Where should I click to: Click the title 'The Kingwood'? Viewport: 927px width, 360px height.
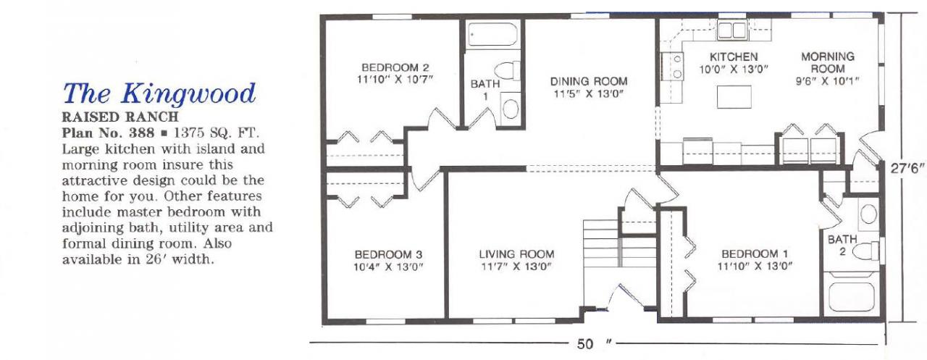(159, 93)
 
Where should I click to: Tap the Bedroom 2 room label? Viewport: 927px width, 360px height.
(395, 67)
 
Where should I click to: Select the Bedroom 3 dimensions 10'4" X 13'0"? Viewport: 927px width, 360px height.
(388, 267)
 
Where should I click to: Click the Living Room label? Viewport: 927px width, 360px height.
(516, 254)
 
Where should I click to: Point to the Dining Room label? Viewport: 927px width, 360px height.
(589, 82)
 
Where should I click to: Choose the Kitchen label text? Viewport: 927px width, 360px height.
(734, 56)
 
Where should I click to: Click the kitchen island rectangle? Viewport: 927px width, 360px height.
(734, 97)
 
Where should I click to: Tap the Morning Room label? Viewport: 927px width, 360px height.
(828, 62)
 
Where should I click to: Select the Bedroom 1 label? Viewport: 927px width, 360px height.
(755, 254)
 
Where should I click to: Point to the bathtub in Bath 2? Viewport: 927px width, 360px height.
(848, 297)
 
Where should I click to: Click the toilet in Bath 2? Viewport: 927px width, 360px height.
(866, 251)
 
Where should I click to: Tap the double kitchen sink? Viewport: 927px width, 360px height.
(731, 30)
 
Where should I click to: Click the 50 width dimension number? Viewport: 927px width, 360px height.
(585, 344)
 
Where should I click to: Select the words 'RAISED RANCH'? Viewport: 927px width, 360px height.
(120, 117)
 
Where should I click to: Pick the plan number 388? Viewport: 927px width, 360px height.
(141, 133)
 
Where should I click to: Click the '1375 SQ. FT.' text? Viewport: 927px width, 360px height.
(217, 133)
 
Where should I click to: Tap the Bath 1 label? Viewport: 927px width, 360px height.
(485, 90)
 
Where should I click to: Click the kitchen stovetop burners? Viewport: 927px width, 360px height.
(671, 66)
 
